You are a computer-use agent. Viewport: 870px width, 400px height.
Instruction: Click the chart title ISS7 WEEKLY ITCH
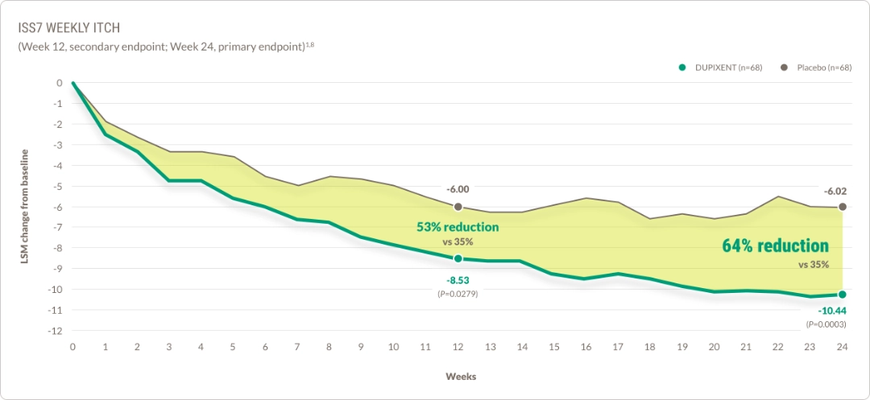pos(68,28)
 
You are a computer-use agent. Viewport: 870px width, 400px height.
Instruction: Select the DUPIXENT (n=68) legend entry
pos(722,67)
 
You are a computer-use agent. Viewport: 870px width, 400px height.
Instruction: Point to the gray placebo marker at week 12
pos(458,207)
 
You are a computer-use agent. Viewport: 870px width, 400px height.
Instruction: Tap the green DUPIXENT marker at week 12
pos(458,258)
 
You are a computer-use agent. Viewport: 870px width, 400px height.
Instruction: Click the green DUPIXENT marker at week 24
pos(843,295)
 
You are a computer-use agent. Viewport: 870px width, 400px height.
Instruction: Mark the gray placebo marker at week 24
pos(843,207)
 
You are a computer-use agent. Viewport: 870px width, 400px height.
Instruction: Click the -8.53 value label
pos(458,280)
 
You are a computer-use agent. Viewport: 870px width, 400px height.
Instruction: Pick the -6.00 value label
pos(458,189)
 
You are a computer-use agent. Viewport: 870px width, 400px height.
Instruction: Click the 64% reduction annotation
pos(774,246)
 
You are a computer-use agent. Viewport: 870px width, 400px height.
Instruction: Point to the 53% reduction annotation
pos(457,228)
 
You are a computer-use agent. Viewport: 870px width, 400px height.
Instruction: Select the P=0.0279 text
pos(458,294)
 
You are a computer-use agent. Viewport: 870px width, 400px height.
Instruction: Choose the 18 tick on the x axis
pos(650,347)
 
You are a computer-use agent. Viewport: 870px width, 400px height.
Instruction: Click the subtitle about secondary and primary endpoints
pos(165,47)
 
